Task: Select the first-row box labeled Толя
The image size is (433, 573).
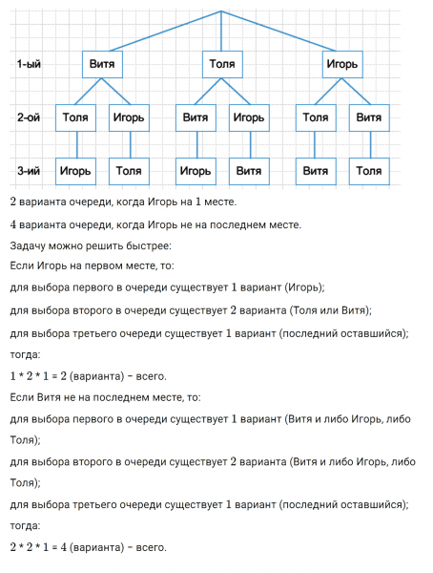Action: coord(221,65)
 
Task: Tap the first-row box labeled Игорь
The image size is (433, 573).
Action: coord(341,65)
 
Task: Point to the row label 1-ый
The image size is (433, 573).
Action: coord(30,65)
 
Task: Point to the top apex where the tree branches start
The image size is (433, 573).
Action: coord(220,11)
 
